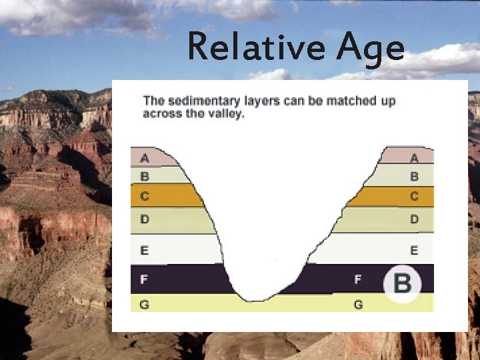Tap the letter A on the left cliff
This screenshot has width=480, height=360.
pyautogui.click(x=145, y=159)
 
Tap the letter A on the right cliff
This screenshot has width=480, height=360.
pyautogui.click(x=414, y=159)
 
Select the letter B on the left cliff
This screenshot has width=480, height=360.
pyautogui.click(x=145, y=177)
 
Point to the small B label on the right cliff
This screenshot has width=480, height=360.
pyautogui.click(x=414, y=177)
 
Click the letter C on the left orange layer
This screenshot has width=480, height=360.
pyautogui.click(x=145, y=197)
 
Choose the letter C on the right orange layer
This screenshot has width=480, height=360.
pyautogui.click(x=414, y=197)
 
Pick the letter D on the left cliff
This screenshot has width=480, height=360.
pyautogui.click(x=145, y=219)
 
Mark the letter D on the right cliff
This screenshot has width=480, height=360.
pyautogui.click(x=414, y=219)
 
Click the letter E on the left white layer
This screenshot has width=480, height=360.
pyautogui.click(x=145, y=251)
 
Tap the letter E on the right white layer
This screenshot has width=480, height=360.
pyautogui.click(x=414, y=251)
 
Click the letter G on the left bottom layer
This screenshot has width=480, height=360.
pyautogui.click(x=145, y=305)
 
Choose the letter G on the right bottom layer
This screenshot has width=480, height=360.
pyautogui.click(x=358, y=305)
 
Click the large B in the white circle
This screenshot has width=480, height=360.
pyautogui.click(x=402, y=284)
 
